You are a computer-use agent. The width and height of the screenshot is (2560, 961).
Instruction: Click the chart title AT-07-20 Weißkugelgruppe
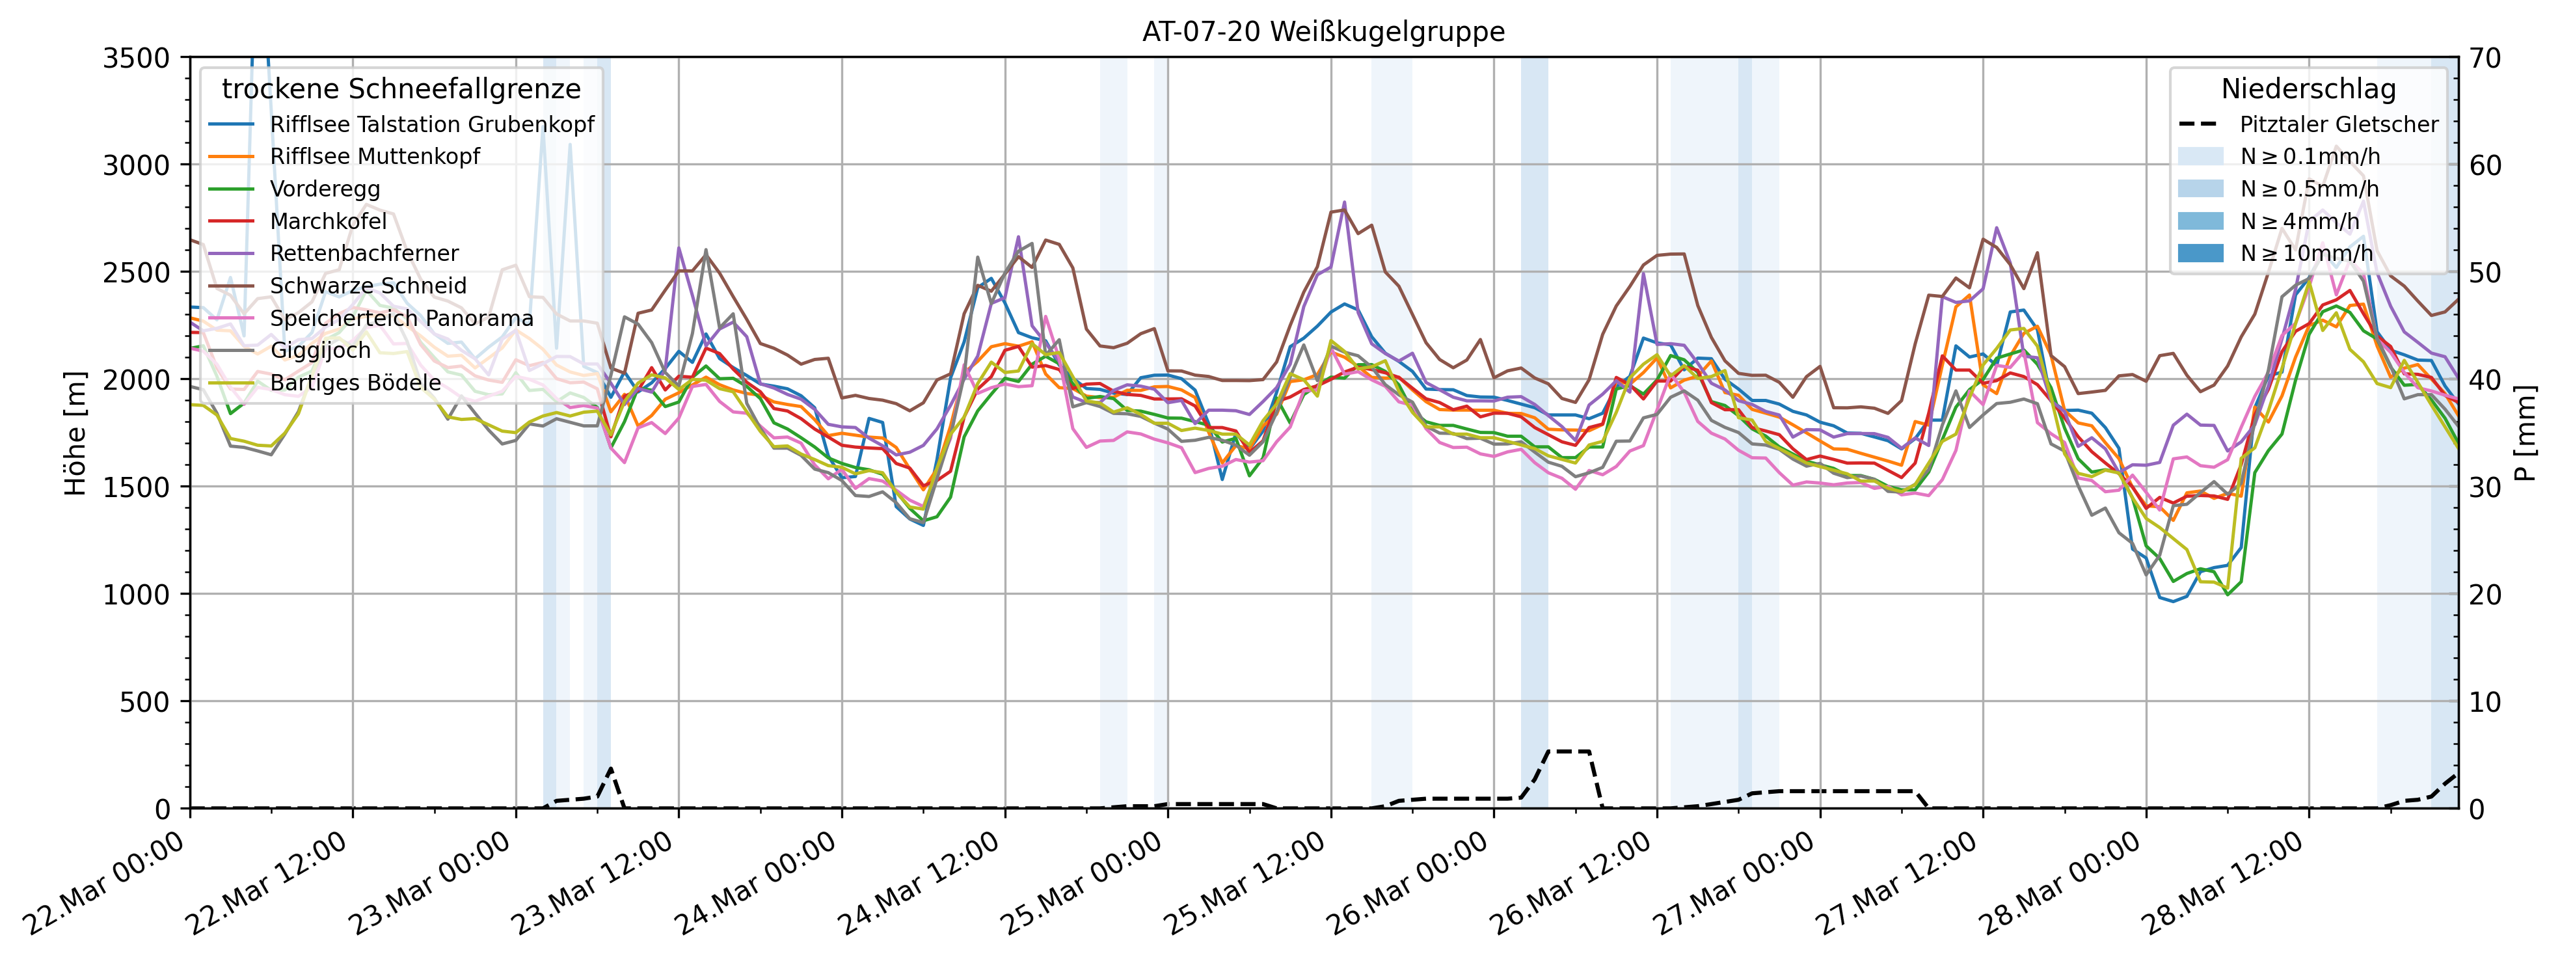click(1323, 32)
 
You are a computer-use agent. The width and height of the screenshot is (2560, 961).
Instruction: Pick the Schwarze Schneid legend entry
click(368, 286)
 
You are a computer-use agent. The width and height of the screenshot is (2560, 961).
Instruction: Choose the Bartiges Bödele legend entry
click(355, 383)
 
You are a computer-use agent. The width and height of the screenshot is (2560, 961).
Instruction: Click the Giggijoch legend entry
click(320, 351)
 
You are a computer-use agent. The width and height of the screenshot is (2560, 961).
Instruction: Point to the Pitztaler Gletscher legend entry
click(2338, 124)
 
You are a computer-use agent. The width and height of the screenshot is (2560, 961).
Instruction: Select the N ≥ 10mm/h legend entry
click(2306, 253)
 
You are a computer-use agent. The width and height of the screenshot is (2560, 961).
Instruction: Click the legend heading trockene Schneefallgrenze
click(401, 89)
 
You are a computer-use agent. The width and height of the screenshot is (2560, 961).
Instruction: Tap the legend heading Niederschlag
click(2308, 89)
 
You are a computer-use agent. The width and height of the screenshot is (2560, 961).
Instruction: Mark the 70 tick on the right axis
click(2485, 59)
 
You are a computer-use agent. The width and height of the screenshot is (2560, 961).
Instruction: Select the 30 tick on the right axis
click(2485, 487)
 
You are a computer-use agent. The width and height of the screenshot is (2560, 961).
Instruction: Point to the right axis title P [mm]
click(2526, 433)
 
